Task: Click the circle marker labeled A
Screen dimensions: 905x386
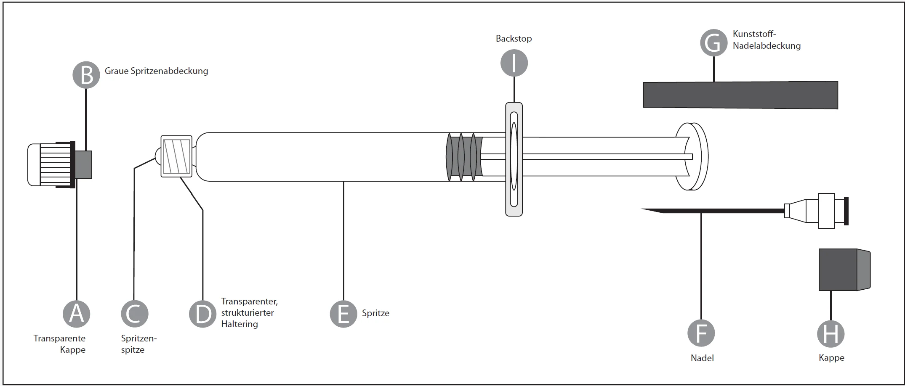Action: [x=76, y=314]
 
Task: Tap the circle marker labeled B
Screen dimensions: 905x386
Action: [x=86, y=75]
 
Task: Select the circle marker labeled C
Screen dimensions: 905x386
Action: [x=135, y=314]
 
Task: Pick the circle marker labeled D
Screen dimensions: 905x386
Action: [x=203, y=314]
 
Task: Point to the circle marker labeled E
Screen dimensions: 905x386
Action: [x=343, y=314]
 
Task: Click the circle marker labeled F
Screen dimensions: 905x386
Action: [x=701, y=333]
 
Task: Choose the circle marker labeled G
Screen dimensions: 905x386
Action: [x=714, y=42]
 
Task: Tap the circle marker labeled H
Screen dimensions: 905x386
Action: [x=831, y=334]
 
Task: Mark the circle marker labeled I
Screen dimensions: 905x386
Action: [x=514, y=63]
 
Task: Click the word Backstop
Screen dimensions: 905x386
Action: [x=514, y=39]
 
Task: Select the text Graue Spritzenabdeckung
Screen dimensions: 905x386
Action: [x=156, y=71]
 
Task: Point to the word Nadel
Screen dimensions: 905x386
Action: [x=702, y=358]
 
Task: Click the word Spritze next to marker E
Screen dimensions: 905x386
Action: [x=375, y=313]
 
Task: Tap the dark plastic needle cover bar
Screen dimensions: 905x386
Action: [x=740, y=95]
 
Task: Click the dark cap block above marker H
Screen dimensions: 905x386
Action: [x=844, y=270]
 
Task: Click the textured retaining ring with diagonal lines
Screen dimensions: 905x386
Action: [x=176, y=156]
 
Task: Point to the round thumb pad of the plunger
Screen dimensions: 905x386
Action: [x=693, y=156]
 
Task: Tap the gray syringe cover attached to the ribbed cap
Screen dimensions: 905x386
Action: [x=83, y=165]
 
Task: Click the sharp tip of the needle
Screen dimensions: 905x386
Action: [x=642, y=209]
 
